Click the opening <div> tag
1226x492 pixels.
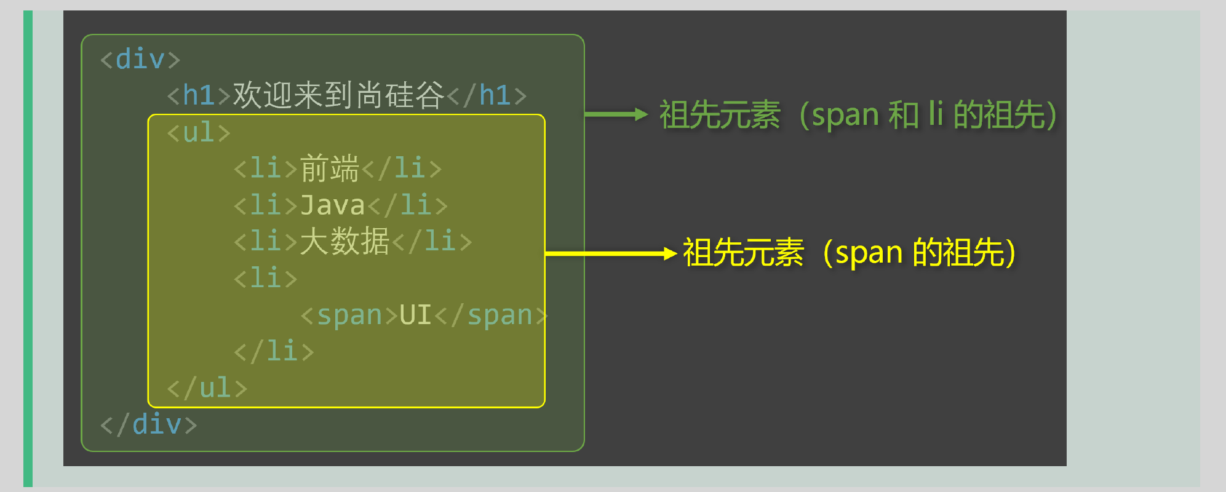click(140, 60)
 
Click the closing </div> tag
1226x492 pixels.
click(149, 424)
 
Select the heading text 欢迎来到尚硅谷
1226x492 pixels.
click(338, 95)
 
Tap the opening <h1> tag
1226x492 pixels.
click(199, 96)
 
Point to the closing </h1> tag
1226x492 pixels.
click(487, 96)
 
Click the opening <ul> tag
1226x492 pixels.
click(199, 133)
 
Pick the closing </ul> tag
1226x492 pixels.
click(207, 388)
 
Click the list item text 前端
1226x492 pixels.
click(330, 169)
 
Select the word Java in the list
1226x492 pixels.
click(333, 205)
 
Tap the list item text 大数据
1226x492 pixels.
click(344, 241)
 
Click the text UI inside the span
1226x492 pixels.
click(415, 315)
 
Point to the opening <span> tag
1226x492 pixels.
click(349, 315)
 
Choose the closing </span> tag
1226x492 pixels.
click(491, 315)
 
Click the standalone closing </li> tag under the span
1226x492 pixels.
click(274, 351)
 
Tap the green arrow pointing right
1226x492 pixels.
click(615, 114)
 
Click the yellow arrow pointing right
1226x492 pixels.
click(610, 253)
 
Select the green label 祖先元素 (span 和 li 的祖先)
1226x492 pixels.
click(858, 115)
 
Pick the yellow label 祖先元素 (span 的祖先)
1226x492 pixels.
click(849, 253)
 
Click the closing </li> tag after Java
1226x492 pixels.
click(407, 205)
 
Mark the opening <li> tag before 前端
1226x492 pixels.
click(266, 169)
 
